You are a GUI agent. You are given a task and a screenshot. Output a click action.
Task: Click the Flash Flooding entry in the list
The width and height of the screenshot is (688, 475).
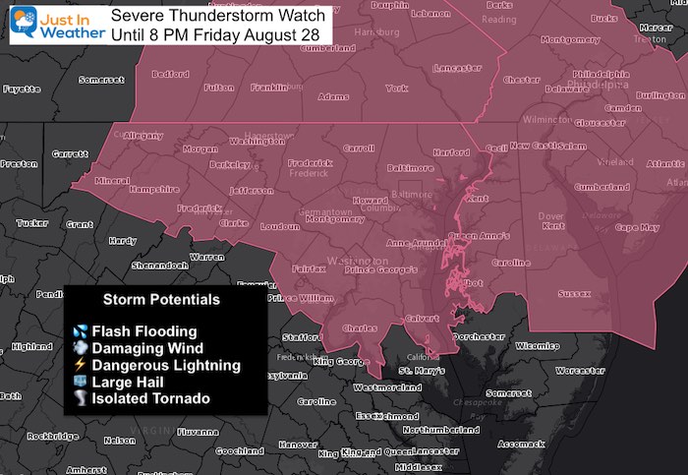pos(143,331)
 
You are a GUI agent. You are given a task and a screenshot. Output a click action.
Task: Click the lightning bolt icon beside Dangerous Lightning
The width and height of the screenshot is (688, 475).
pos(79,365)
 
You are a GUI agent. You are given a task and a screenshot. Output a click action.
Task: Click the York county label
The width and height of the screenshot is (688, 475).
pos(396,88)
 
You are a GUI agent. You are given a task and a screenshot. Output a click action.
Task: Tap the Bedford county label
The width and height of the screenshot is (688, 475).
pos(170,74)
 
